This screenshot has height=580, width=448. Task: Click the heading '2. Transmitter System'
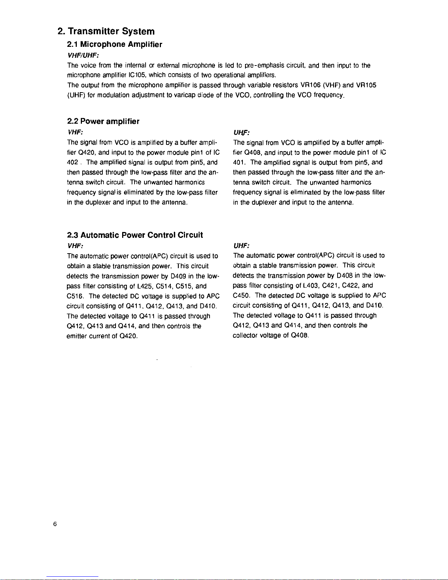(x=106, y=31)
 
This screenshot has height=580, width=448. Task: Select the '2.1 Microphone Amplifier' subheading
(x=114, y=45)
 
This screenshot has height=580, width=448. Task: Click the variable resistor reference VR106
(x=310, y=85)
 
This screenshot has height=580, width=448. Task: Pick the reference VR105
(x=366, y=85)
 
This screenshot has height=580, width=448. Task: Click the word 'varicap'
(x=185, y=95)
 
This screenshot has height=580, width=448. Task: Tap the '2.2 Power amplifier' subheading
(x=103, y=121)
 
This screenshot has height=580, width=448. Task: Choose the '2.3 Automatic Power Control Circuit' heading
(x=135, y=235)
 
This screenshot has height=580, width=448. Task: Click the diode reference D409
(x=178, y=276)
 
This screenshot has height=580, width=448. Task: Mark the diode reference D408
(x=345, y=276)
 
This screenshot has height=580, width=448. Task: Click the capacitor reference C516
(x=75, y=296)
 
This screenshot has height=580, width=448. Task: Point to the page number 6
(x=54, y=524)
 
